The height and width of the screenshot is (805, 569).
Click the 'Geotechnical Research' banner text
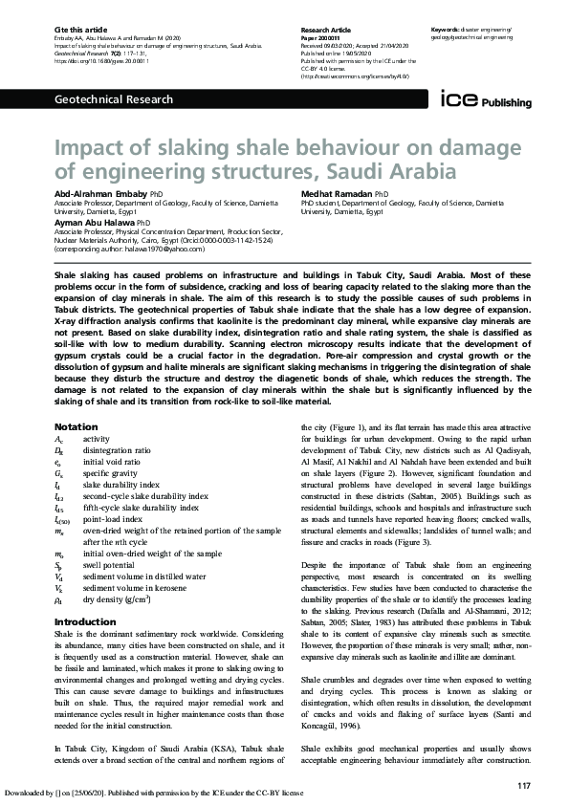(114, 98)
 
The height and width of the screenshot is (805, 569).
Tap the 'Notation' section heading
(76, 425)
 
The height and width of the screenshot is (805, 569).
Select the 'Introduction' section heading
(85, 594)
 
